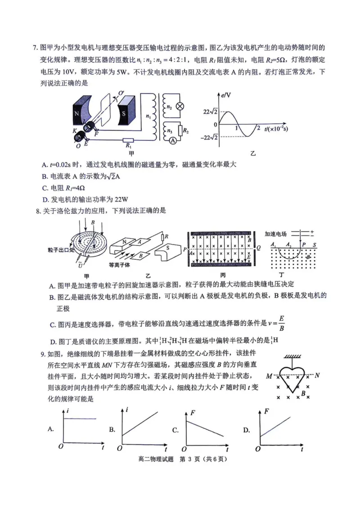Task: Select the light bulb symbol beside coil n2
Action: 179,106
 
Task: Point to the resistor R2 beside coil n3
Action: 179,130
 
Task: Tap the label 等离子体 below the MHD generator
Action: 119,265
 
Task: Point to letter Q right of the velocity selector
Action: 258,247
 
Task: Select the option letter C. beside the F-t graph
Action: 176,430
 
